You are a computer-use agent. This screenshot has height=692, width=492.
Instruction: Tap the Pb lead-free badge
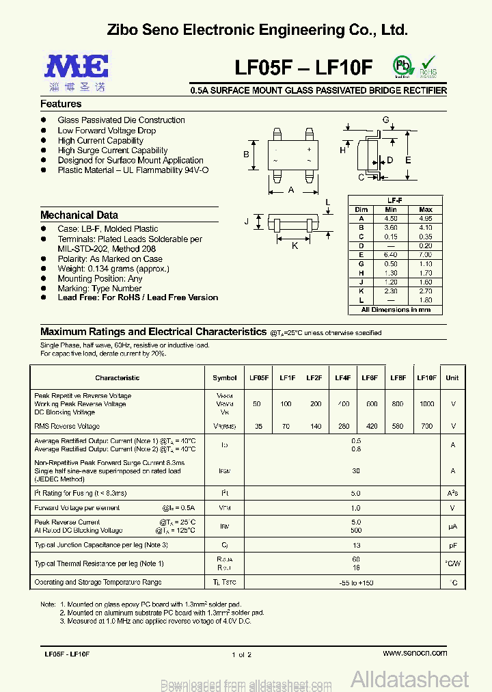[x=402, y=66]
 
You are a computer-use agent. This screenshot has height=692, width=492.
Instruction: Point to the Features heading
[x=61, y=104]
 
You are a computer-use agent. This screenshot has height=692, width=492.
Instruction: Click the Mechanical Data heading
[x=79, y=215]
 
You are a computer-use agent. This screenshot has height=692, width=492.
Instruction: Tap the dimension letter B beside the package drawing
[x=246, y=155]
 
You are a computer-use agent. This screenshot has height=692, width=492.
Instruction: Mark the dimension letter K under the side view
[x=295, y=245]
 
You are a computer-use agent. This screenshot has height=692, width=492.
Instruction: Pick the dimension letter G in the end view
[x=385, y=120]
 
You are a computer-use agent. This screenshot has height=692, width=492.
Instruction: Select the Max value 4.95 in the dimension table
[x=425, y=218]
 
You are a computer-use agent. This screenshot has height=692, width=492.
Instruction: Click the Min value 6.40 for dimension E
[x=391, y=254]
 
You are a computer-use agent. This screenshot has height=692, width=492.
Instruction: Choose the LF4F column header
[x=342, y=377]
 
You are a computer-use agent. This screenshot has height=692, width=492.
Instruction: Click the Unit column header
[x=452, y=377]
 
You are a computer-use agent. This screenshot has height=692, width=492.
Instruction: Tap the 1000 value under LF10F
[x=426, y=404]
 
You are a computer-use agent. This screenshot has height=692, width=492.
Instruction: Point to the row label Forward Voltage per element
[x=77, y=508]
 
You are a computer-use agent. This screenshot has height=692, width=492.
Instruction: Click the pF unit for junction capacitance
[x=452, y=545]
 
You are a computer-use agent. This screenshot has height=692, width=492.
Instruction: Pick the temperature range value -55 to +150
[x=356, y=583]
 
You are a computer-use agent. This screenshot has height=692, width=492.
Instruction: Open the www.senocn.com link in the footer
[x=415, y=653]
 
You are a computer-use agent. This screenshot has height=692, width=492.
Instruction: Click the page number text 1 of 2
[x=242, y=654]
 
